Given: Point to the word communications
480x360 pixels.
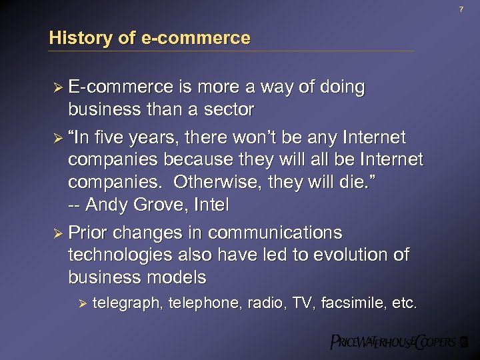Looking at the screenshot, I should click(x=275, y=233).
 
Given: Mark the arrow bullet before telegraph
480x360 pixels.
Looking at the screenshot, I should click(x=83, y=304).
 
